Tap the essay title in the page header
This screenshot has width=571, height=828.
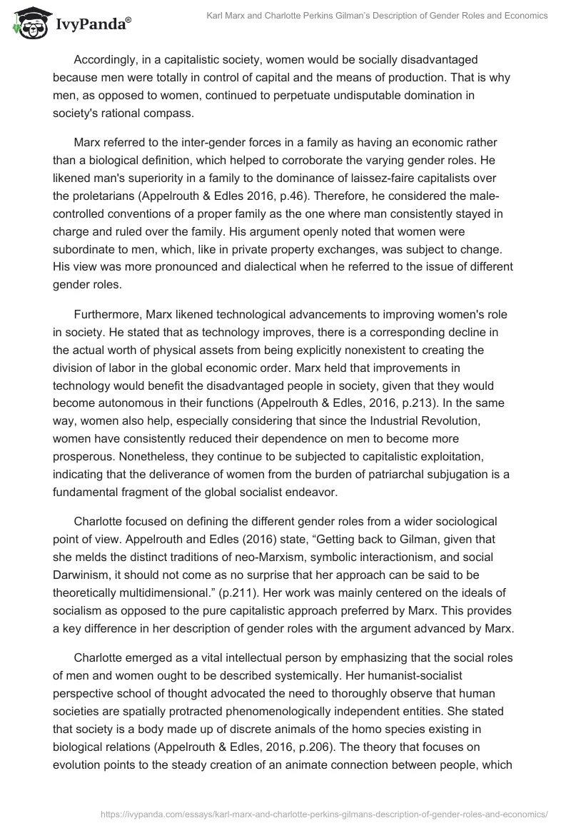pos(382,16)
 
